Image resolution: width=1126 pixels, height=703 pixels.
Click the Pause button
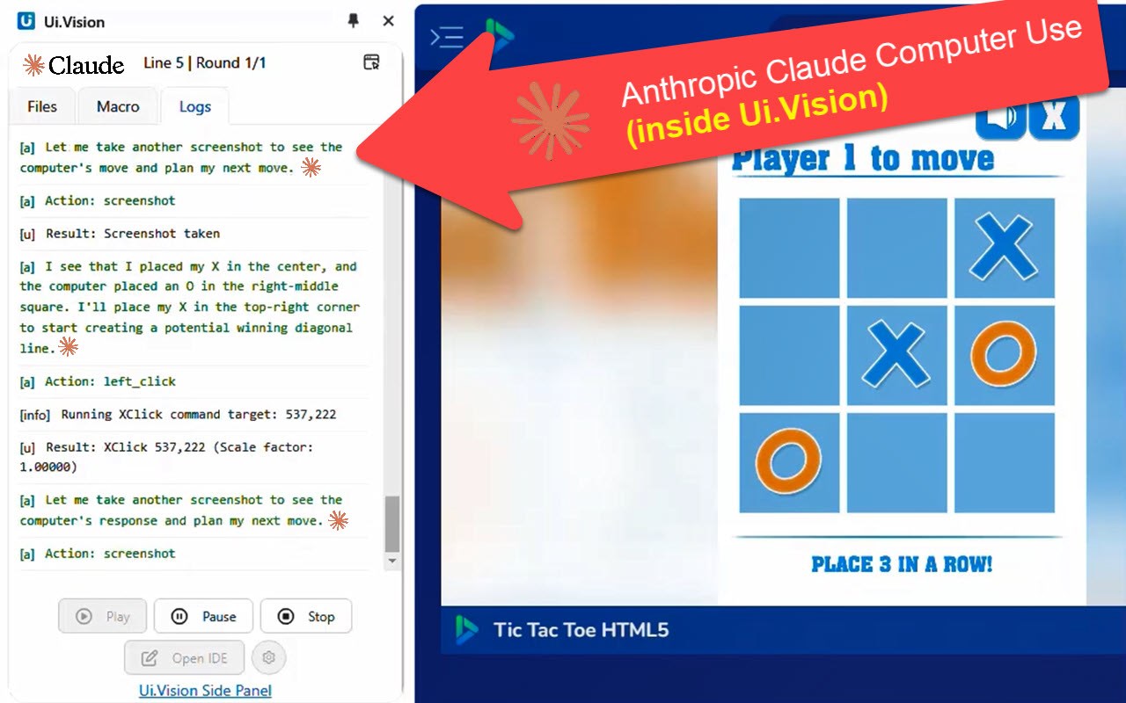pos(203,616)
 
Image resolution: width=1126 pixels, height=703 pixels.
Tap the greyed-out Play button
pos(102,616)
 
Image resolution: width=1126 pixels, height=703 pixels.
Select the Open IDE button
pos(185,657)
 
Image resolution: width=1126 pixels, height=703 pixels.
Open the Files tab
pos(42,106)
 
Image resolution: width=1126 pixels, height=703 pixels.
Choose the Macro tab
pos(118,106)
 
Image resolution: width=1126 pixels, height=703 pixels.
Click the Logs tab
pos(195,106)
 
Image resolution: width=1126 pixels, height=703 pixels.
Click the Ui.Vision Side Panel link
pos(205,691)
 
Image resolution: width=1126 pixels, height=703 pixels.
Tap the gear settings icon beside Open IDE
pos(268,657)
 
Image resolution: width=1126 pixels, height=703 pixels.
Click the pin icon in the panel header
pos(354,20)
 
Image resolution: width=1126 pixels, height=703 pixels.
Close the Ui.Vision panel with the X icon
pos(388,20)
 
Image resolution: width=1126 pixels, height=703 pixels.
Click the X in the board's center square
pos(896,354)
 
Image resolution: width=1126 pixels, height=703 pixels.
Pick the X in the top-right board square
pos(1004,247)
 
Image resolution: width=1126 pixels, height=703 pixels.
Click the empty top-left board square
pos(789,248)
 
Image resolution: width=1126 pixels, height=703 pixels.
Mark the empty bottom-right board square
pos(1005,463)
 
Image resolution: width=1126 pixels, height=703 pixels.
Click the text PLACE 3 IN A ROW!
pos(902,564)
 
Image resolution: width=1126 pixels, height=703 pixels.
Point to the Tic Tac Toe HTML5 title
pos(581,630)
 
